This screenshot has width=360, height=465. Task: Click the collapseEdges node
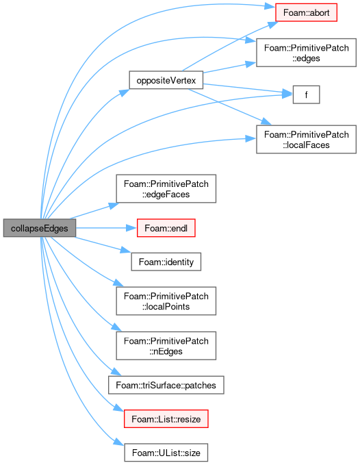(x=40, y=228)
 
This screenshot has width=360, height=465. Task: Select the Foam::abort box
(x=306, y=12)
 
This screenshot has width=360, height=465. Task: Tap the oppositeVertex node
(x=166, y=80)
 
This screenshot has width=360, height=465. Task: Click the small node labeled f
(x=306, y=95)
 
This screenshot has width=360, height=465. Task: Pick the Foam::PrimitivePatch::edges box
(x=306, y=53)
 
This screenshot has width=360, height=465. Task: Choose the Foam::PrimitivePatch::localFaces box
(x=306, y=140)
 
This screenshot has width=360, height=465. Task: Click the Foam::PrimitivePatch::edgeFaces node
(x=166, y=189)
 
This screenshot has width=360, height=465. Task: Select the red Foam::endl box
(x=166, y=228)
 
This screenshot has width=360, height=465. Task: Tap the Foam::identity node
(x=166, y=262)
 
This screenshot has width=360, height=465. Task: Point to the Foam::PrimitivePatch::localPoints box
(x=166, y=301)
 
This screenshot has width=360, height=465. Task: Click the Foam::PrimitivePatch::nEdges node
(x=166, y=346)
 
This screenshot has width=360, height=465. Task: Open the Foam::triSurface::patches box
(x=166, y=385)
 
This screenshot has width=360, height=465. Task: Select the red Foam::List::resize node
(x=166, y=418)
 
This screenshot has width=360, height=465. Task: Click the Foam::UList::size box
(x=166, y=453)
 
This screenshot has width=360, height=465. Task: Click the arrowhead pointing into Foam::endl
(x=131, y=228)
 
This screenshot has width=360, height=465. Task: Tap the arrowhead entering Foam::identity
(x=126, y=250)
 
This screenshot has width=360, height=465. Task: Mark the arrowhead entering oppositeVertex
(x=125, y=92)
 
